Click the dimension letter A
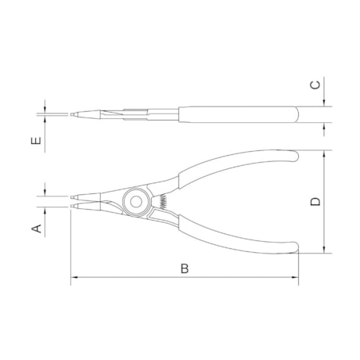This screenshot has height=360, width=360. tap(37, 229)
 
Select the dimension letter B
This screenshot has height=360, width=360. tap(185, 268)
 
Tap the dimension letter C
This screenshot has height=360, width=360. tap(315, 85)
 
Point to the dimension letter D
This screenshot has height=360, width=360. tap(315, 201)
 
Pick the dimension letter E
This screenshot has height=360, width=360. tap(36, 141)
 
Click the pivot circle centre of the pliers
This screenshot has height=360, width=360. tap(136, 201)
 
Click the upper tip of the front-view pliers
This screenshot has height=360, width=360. tap(71, 196)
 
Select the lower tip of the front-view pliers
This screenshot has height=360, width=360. tap(71, 206)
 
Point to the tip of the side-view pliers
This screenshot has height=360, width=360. tap(71, 114)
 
